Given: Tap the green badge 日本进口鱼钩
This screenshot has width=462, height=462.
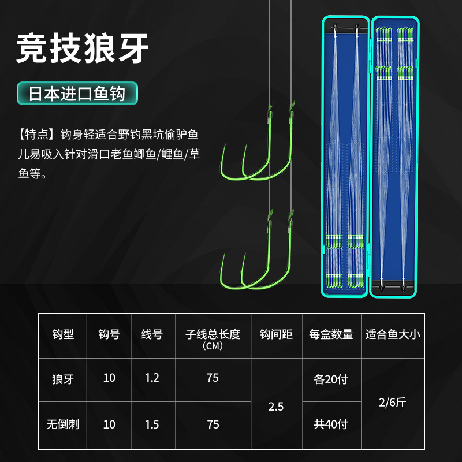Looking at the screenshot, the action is pyautogui.click(x=77, y=94).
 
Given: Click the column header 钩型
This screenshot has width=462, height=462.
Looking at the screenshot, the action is pyautogui.click(x=62, y=334).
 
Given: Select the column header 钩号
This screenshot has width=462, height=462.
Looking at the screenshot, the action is pyautogui.click(x=109, y=334).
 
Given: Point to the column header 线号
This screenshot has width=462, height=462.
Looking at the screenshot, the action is pyautogui.click(x=152, y=334).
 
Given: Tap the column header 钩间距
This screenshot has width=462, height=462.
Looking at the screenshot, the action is pyautogui.click(x=276, y=334).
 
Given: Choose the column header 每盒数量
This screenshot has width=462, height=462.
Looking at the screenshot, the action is pyautogui.click(x=331, y=334).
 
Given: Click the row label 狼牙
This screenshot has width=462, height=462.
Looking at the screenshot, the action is pyautogui.click(x=62, y=379).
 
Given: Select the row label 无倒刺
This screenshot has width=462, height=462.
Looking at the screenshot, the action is pyautogui.click(x=62, y=424).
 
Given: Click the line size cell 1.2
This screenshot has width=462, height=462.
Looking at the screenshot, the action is pyautogui.click(x=152, y=378).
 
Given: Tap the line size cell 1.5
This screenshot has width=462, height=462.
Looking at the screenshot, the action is pyautogui.click(x=152, y=424).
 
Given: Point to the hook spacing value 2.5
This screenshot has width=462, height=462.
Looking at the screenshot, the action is pyautogui.click(x=276, y=407).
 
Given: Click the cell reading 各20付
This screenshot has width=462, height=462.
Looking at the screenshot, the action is pyautogui.click(x=331, y=379).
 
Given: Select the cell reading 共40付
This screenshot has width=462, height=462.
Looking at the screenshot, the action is pyautogui.click(x=331, y=424).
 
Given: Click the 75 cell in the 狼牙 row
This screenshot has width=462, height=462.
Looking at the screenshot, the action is pyautogui.click(x=213, y=378).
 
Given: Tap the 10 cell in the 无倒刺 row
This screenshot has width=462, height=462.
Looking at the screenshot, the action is pyautogui.click(x=109, y=424).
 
